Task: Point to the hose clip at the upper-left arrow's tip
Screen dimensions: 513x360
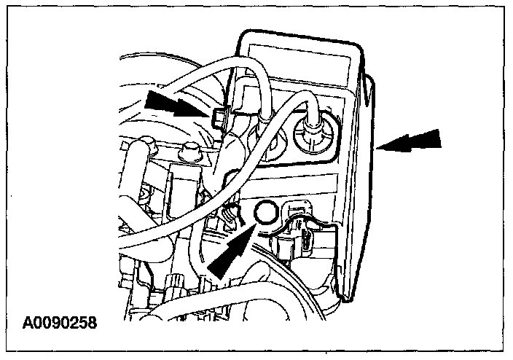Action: click(223, 117)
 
